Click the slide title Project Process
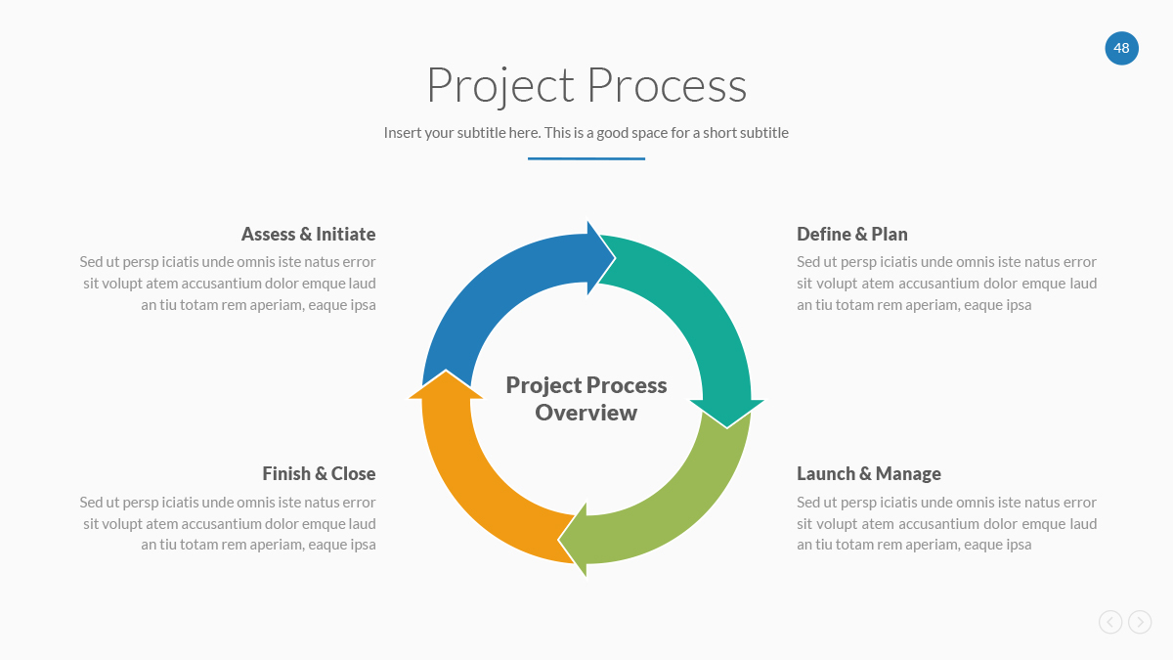tap(586, 85)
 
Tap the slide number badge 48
tap(1121, 48)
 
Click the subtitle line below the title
tap(586, 133)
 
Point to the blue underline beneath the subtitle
tap(586, 158)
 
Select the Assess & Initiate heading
tap(308, 235)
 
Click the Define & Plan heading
tap(852, 235)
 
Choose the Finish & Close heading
tap(319, 474)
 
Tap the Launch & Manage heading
tap(869, 474)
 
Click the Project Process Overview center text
tap(586, 399)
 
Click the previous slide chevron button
tap(1110, 622)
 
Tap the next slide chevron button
tap(1140, 622)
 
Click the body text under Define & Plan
tap(946, 284)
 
